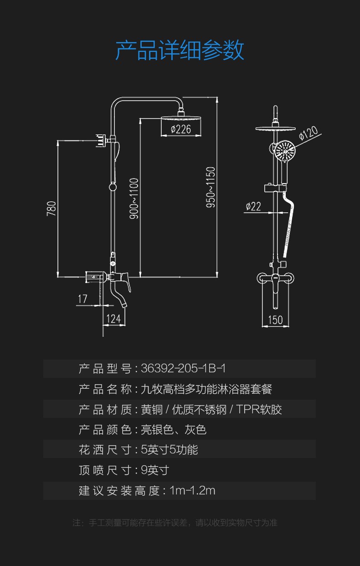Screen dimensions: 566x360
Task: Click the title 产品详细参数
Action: click(180, 50)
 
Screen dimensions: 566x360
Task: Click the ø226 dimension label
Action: click(181, 129)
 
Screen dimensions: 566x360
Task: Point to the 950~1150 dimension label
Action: click(211, 187)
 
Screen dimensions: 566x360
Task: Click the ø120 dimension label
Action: click(308, 134)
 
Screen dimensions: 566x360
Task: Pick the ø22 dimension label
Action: click(253, 206)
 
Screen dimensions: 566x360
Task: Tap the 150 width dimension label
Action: click(275, 320)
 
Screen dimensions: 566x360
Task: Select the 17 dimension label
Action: click(82, 299)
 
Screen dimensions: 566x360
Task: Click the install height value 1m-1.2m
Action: click(192, 490)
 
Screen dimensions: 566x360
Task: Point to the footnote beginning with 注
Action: click(175, 523)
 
